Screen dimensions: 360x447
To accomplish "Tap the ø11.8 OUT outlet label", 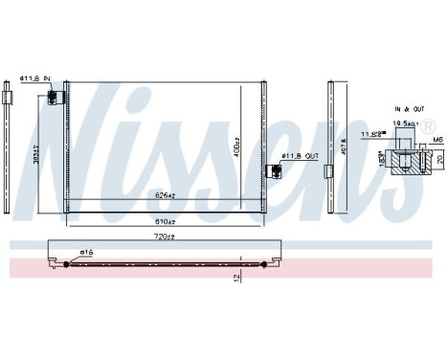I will [x=297, y=157].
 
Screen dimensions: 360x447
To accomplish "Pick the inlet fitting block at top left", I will [x=64, y=97].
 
